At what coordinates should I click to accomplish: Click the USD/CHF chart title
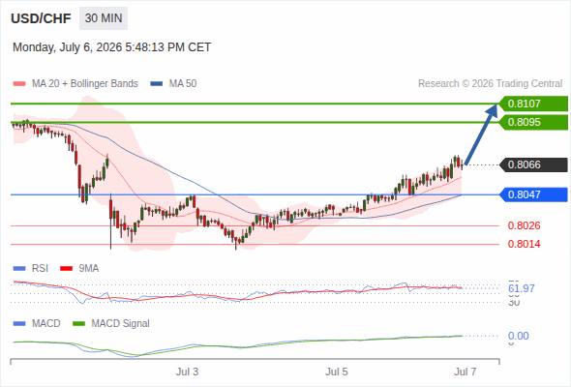click(x=41, y=18)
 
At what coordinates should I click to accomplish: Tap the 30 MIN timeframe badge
click(x=104, y=18)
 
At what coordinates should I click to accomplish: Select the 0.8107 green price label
click(x=533, y=104)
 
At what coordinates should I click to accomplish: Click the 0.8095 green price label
click(x=533, y=122)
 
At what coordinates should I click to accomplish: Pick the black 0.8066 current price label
click(x=533, y=164)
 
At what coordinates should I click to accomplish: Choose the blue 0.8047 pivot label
click(x=533, y=194)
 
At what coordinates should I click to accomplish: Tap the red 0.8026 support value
click(x=524, y=225)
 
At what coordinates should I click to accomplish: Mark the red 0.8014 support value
click(x=524, y=244)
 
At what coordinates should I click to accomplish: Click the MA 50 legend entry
click(x=173, y=84)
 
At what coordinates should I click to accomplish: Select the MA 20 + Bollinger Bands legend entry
click(x=75, y=84)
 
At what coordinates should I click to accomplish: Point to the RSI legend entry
click(x=31, y=268)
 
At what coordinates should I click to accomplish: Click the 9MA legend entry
click(x=79, y=268)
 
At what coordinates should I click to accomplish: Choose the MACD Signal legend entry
click(x=111, y=323)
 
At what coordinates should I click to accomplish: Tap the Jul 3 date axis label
click(x=187, y=372)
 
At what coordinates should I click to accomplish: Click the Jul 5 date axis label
click(x=337, y=372)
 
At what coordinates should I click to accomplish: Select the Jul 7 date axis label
click(x=466, y=372)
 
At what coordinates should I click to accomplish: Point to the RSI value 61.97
click(x=522, y=288)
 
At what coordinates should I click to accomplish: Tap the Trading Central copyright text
click(x=490, y=84)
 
